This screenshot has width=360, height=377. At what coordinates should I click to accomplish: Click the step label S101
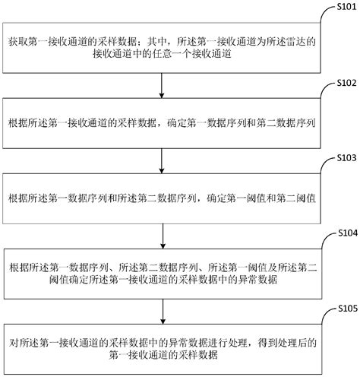coord(344,6)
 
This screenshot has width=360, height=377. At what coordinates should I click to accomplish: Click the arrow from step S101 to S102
coord(163,84)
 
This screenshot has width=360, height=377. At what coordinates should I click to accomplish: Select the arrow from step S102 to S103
coord(163,158)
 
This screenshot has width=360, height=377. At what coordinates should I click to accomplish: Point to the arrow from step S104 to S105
coord(163,312)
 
